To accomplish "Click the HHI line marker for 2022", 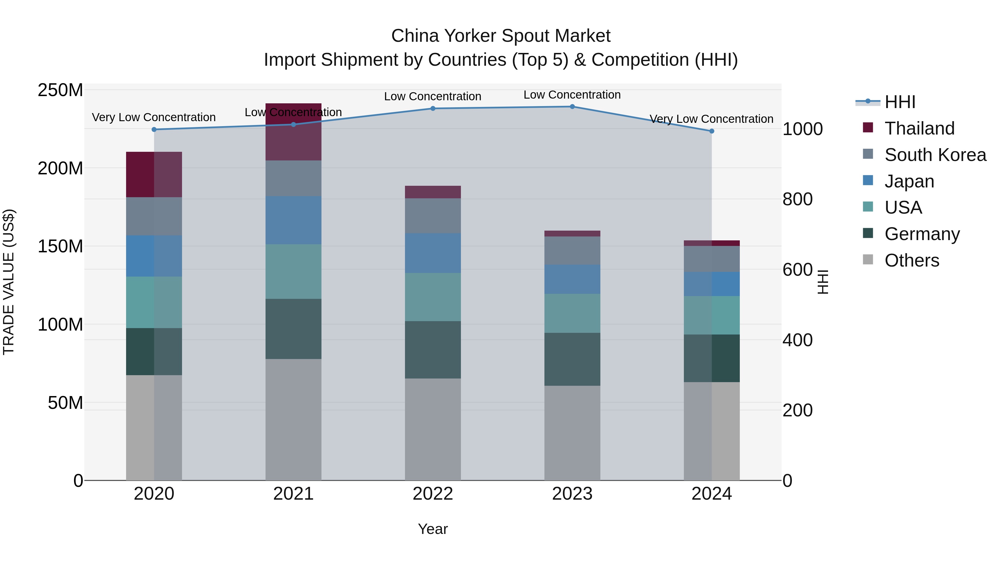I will pyautogui.click(x=433, y=109).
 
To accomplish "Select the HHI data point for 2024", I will pyautogui.click(x=711, y=131).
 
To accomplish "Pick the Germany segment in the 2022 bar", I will pyautogui.click(x=433, y=350).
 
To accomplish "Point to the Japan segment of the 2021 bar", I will pyautogui.click(x=293, y=220).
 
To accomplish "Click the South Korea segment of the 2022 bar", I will pyautogui.click(x=433, y=216).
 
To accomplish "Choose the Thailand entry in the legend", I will pyautogui.click(x=919, y=128).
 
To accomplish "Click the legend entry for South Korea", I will pyautogui.click(x=935, y=155).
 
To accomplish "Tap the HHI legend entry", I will pyautogui.click(x=899, y=102).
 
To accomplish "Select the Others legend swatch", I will pyautogui.click(x=868, y=260).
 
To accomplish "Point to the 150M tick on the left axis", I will pyautogui.click(x=60, y=246).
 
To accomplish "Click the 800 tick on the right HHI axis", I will pyautogui.click(x=797, y=199).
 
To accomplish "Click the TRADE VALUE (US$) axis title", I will pyautogui.click(x=9, y=282).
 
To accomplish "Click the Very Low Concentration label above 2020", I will pyautogui.click(x=154, y=117).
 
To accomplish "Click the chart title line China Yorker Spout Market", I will pyautogui.click(x=501, y=36).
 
